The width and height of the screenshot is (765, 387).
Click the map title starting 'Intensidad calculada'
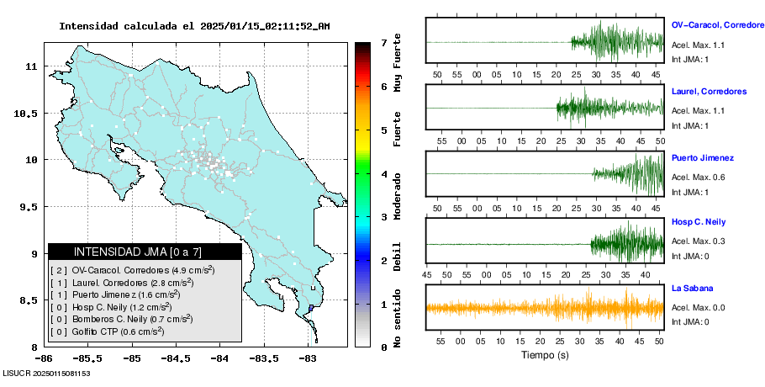[194, 26]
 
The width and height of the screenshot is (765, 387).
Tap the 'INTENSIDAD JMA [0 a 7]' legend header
[145, 252]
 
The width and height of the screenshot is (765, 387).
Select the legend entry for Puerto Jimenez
[131, 295]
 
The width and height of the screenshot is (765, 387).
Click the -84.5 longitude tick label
[175, 358]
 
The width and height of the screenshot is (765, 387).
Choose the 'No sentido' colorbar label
[398, 321]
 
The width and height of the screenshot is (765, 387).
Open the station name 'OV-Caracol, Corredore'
[717, 26]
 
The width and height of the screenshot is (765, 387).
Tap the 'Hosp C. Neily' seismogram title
[699, 222]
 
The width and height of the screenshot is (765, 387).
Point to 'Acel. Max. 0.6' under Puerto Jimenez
[698, 177]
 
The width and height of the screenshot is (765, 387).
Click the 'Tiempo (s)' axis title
[544, 356]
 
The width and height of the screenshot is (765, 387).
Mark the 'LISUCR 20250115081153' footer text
[47, 372]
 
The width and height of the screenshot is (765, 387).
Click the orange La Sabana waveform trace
[544, 307]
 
